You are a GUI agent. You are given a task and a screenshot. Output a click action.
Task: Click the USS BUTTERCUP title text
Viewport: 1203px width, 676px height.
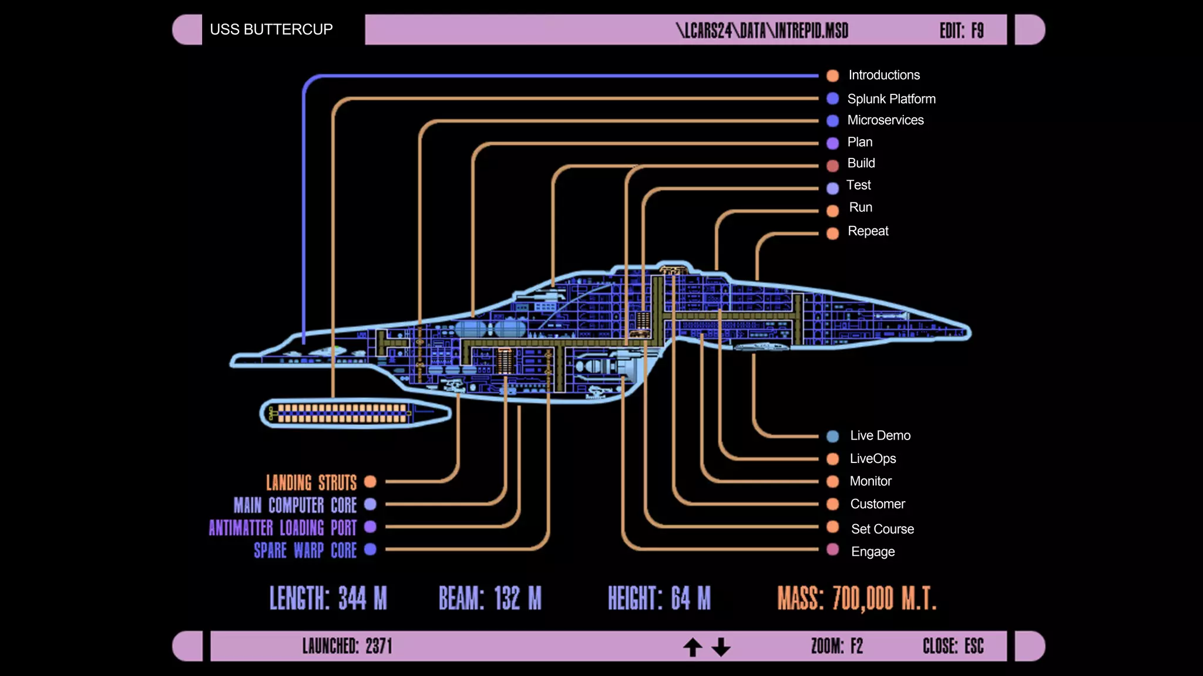[271, 29]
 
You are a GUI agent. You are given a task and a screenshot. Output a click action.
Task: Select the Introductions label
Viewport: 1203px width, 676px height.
[883, 75]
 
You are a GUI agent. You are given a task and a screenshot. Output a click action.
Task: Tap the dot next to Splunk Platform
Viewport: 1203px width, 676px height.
[832, 99]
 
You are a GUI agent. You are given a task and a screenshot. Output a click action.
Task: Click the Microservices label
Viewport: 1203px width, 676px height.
[885, 120]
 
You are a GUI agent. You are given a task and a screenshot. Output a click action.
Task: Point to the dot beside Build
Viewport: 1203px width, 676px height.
[832, 165]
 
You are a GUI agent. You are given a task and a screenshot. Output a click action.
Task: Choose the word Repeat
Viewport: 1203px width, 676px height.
[868, 231]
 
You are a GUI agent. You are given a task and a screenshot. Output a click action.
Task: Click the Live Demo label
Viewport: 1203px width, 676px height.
[880, 435]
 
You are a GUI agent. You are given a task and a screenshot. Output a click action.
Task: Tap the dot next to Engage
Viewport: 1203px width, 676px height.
[832, 550]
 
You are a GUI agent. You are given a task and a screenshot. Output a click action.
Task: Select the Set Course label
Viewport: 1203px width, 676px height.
[882, 529]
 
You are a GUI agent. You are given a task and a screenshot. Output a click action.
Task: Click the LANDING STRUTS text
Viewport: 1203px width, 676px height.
[311, 482]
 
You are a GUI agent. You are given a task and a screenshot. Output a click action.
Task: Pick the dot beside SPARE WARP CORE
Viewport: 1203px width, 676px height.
[370, 549]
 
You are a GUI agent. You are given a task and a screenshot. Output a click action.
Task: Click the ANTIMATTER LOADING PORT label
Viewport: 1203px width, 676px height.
[283, 528]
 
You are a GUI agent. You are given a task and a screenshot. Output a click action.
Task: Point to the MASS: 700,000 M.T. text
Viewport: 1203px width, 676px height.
[856, 599]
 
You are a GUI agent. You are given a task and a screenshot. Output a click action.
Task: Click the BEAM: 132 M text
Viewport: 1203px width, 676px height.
[490, 599]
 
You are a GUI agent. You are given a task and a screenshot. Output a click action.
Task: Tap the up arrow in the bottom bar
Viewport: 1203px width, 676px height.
[693, 647]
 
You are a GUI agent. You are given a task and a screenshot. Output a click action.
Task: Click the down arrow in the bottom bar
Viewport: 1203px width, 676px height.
[721, 647]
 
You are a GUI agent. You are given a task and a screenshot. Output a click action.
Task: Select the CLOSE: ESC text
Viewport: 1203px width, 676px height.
[953, 646]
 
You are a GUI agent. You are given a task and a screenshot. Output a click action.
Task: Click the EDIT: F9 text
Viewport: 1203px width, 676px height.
[961, 31]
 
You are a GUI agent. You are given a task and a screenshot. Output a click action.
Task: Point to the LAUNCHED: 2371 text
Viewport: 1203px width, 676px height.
[347, 646]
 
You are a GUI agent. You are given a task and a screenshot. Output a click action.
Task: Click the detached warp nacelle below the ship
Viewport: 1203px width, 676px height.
[355, 413]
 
